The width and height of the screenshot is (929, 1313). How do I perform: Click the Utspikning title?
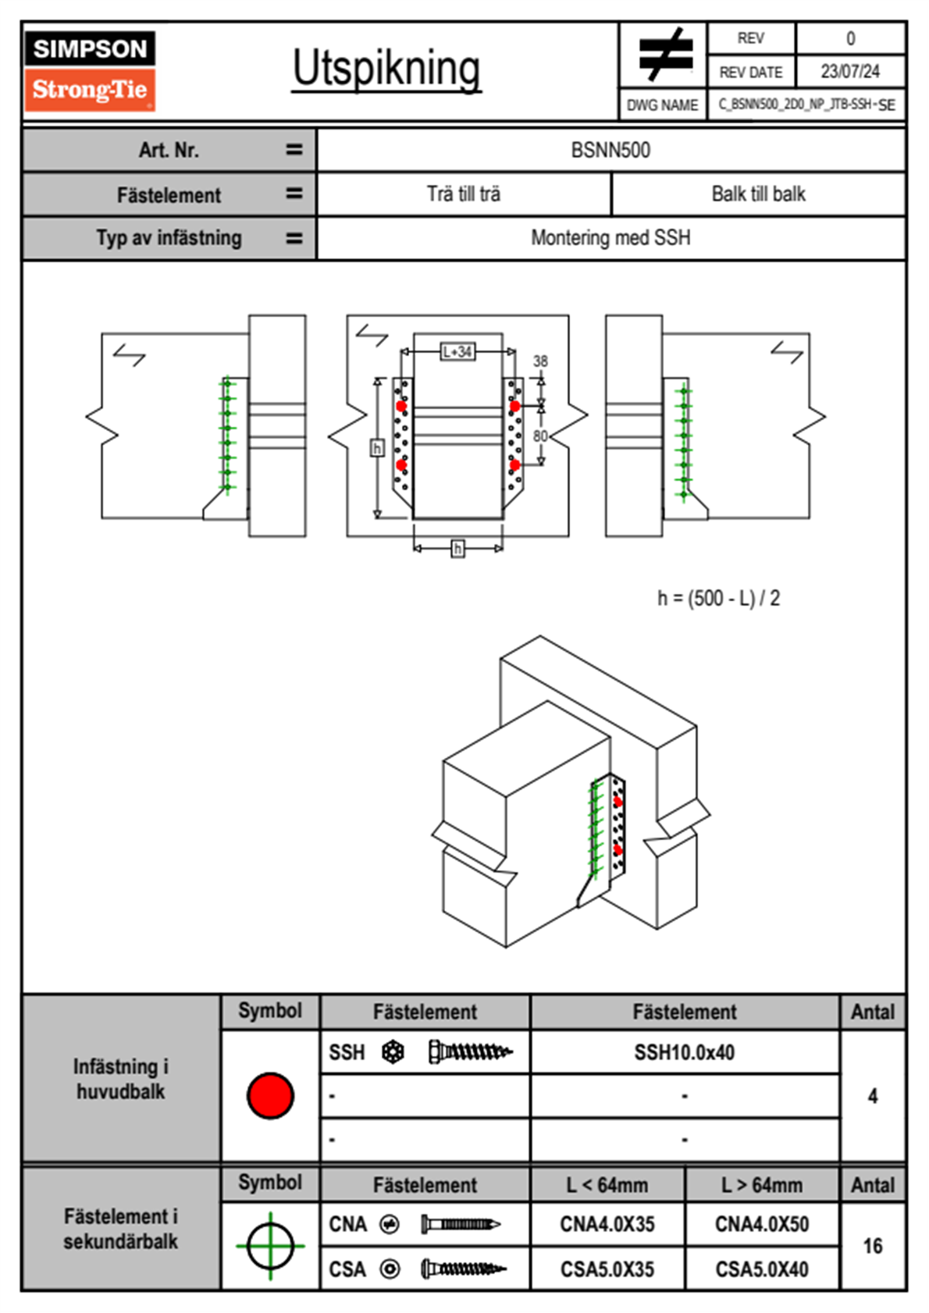pos(386,69)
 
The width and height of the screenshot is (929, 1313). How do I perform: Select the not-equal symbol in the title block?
pos(665,55)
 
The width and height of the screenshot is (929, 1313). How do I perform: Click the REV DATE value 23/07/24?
pos(849,72)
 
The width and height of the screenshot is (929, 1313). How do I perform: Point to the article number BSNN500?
pos(610,150)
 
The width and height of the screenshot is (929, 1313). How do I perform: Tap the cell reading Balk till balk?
pos(758,194)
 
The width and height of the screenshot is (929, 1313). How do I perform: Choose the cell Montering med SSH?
pos(610,238)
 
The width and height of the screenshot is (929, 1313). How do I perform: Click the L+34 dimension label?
pos(457,352)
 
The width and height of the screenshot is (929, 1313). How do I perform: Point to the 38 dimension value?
pos(540,361)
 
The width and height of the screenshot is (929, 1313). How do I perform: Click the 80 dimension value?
pos(540,436)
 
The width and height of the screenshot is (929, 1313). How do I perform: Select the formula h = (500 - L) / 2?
pos(718,599)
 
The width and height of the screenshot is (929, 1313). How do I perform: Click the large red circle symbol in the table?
pos(270,1095)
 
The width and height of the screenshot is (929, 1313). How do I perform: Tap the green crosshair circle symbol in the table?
pos(270,1246)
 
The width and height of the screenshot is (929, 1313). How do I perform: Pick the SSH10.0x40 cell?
pos(685,1052)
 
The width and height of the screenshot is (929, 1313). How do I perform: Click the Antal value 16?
pos(872,1246)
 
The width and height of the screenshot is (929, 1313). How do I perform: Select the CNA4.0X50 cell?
pos(762,1224)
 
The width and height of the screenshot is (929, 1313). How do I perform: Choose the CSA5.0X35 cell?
pos(607,1269)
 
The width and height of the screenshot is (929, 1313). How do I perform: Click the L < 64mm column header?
pos(607,1185)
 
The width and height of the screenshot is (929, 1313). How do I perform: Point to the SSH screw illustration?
pos(470,1052)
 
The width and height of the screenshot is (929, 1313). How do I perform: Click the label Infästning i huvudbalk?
pos(121,1079)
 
